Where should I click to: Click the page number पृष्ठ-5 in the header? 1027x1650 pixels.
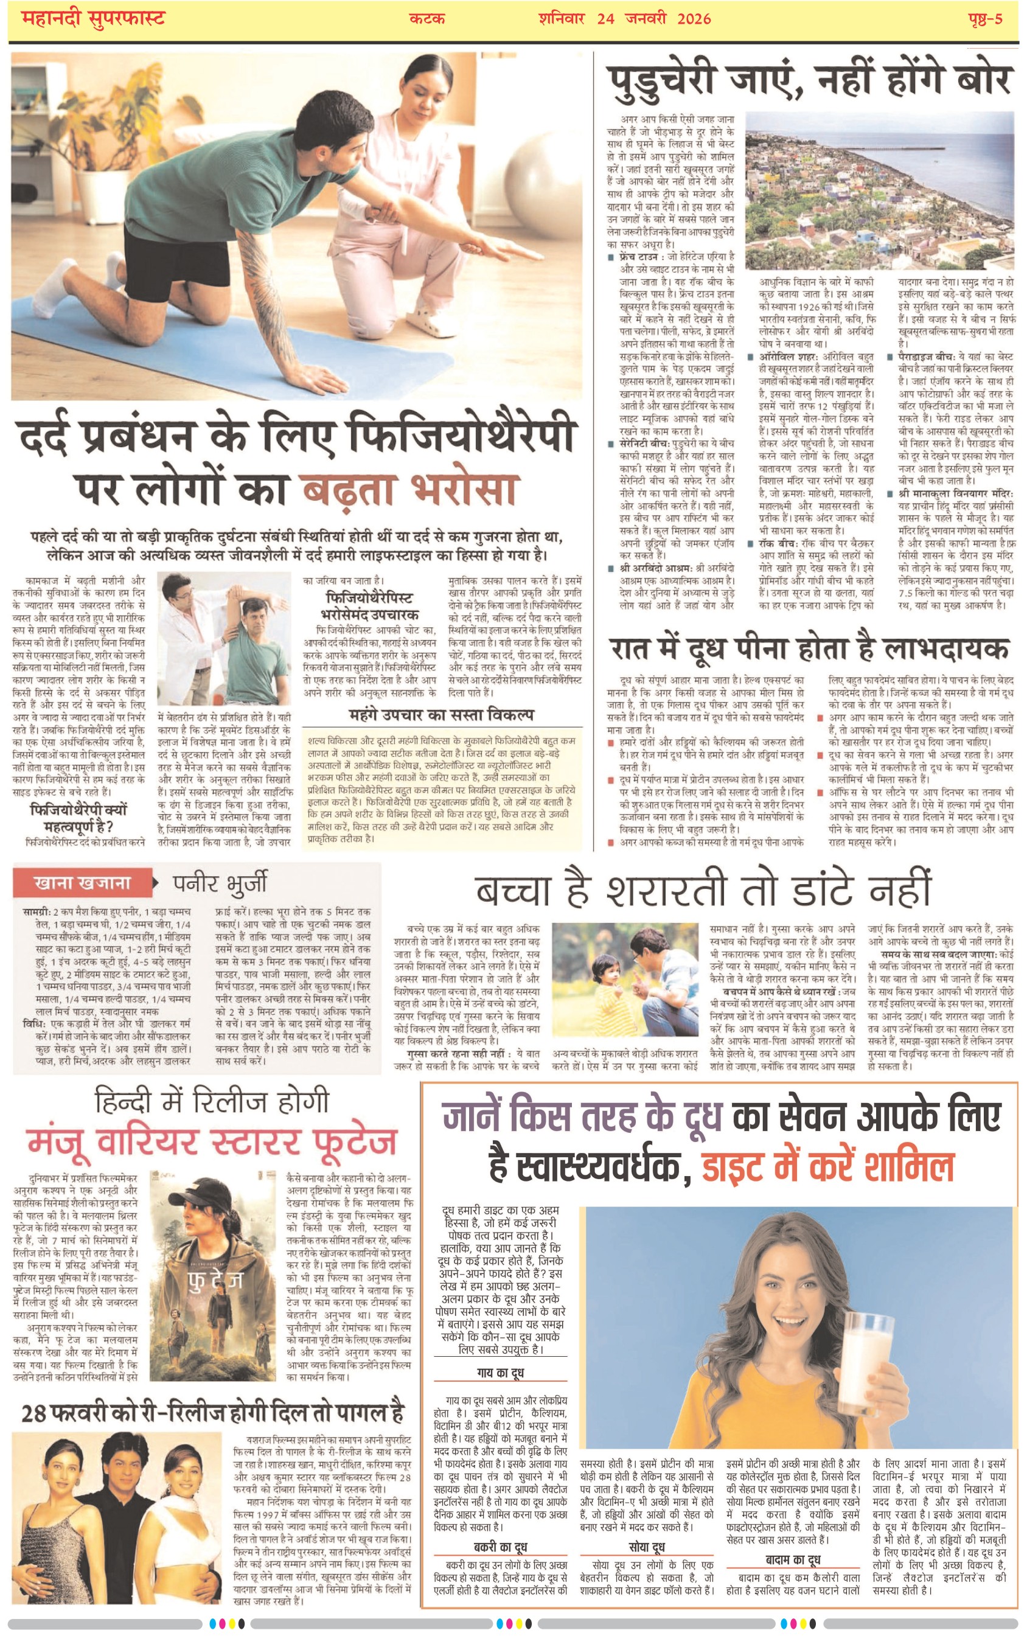coord(985,18)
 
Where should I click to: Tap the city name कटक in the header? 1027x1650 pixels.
coord(426,18)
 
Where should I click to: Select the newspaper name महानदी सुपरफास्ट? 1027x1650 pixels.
coord(94,18)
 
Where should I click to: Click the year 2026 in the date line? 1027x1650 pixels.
coord(694,18)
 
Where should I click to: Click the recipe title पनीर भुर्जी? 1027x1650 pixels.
coord(220,883)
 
